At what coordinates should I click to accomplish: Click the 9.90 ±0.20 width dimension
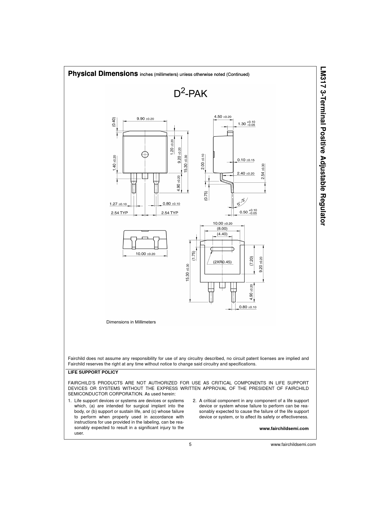(145, 119)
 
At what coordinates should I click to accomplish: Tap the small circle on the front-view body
(145, 154)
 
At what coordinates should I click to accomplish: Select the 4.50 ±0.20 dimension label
(222, 117)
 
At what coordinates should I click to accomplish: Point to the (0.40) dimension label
(113, 122)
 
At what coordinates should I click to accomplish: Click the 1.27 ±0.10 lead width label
(118, 204)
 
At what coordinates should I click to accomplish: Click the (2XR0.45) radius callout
(222, 262)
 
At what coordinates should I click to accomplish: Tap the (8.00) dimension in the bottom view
(222, 228)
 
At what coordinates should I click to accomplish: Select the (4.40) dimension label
(222, 234)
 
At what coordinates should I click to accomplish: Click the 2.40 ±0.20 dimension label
(246, 173)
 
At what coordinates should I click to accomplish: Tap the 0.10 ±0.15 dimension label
(246, 160)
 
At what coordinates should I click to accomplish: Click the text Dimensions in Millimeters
(131, 322)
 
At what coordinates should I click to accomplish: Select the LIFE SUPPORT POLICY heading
(93, 372)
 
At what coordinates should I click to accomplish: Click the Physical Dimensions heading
(103, 74)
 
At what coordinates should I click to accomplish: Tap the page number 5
(190, 445)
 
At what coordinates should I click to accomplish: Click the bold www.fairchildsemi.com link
(284, 428)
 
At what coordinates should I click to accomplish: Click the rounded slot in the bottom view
(222, 249)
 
